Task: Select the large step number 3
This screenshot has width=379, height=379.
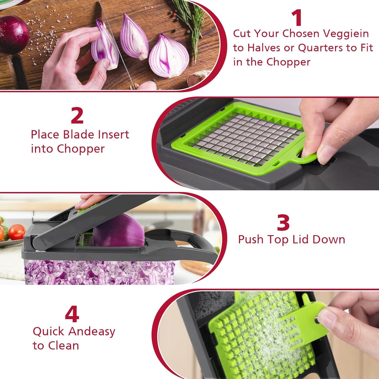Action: pos(283,223)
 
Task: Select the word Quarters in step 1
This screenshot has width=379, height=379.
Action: pos(320,48)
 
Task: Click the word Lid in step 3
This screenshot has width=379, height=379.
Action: pos(301,239)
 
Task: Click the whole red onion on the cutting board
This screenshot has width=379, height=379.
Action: pos(13,34)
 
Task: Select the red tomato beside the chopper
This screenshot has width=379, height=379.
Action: pos(17,232)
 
